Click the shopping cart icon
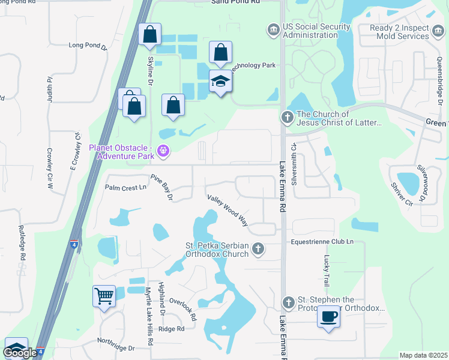coord(104,296)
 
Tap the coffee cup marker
coord(328,316)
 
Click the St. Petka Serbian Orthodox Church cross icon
coord(258,248)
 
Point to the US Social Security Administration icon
coord(274,29)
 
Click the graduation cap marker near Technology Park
coord(220,80)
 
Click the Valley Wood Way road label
coord(228,210)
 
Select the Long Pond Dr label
coord(88,45)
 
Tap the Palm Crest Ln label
coord(125,187)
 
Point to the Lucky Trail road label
coord(327,270)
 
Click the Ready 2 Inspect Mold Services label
coord(399,31)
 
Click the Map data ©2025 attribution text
coord(423,355)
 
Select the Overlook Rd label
coord(182,308)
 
